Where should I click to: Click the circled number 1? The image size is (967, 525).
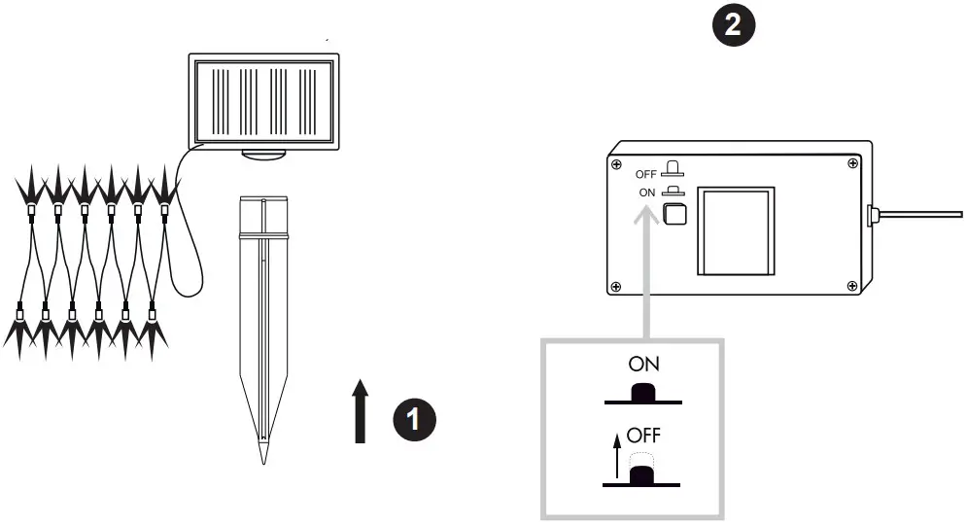click(414, 420)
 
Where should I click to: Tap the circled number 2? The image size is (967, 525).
click(734, 24)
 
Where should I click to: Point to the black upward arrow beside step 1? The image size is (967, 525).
click(361, 412)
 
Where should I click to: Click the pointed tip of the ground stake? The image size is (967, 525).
click(261, 455)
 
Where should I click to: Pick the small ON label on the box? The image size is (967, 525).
click(648, 192)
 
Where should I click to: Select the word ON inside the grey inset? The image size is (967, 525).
click(643, 366)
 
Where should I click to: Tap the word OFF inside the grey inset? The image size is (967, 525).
click(643, 435)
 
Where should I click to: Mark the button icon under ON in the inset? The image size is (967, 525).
click(642, 394)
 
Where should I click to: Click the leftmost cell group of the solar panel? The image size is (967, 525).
click(220, 100)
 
